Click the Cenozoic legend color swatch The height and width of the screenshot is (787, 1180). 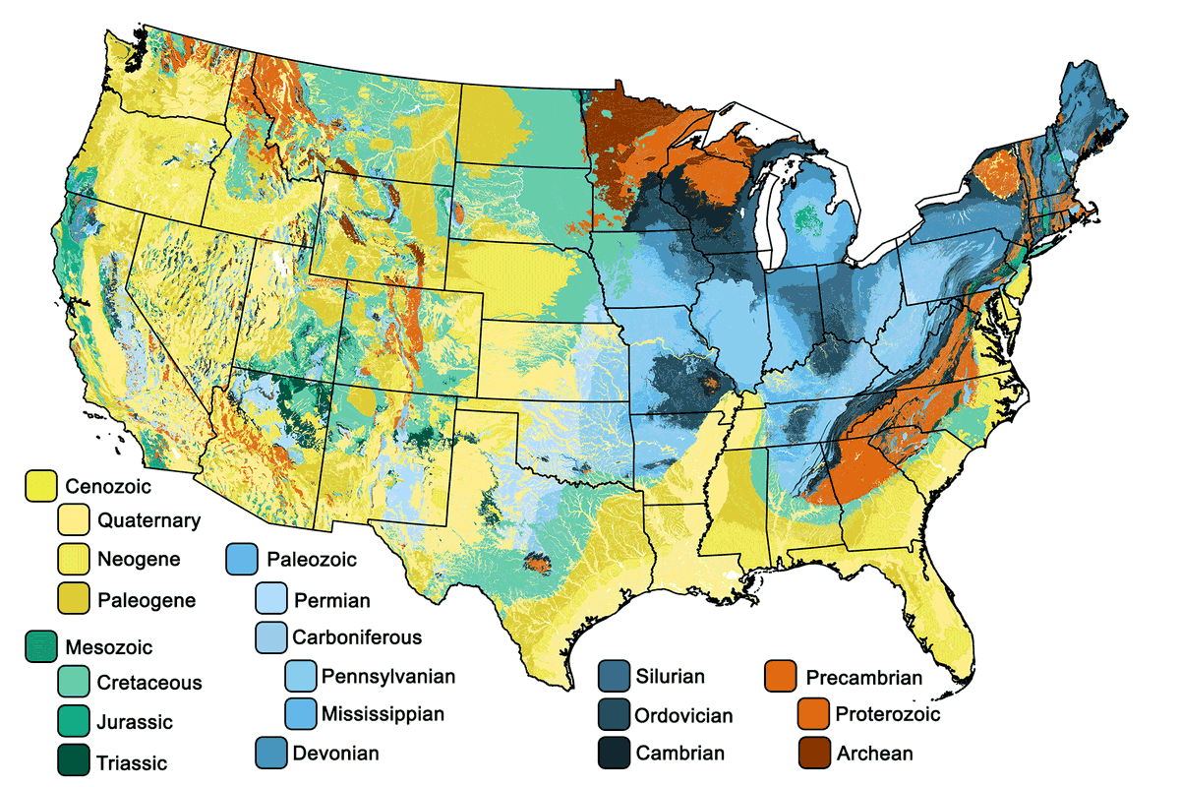click(x=40, y=484)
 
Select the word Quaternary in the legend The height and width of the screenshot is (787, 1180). click(x=148, y=520)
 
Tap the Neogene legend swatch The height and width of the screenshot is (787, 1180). click(x=74, y=560)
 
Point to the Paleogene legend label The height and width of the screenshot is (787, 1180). click(x=147, y=599)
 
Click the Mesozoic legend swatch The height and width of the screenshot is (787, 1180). click(x=40, y=646)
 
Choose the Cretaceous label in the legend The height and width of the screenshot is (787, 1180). click(x=148, y=683)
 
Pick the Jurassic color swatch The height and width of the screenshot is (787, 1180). click(x=74, y=722)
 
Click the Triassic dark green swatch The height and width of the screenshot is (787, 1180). click(x=74, y=760)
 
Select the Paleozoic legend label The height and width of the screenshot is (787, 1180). click(x=311, y=560)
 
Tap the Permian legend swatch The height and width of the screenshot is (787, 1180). click(x=270, y=599)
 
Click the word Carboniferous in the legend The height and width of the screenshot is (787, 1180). click(x=357, y=637)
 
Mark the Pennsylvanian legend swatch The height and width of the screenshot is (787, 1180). click(x=300, y=676)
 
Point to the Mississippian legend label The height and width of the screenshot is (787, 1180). click(x=383, y=713)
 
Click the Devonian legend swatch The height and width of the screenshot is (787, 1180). click(x=270, y=753)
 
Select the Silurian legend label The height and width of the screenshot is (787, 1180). click(x=670, y=676)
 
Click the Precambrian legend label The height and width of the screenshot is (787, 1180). click(x=863, y=677)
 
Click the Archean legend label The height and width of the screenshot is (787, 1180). click(x=874, y=754)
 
